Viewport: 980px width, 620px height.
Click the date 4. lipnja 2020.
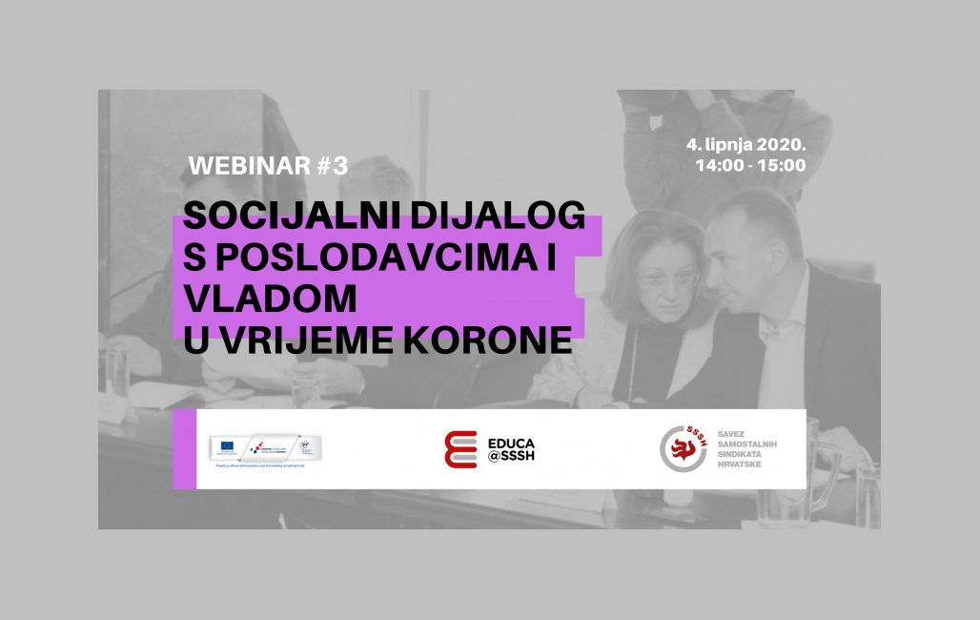pyautogui.click(x=746, y=144)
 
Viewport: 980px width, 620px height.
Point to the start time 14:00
pyautogui.click(x=719, y=165)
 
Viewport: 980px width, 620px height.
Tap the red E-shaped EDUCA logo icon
pyautogui.click(x=460, y=449)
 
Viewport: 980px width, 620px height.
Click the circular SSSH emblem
pyautogui.click(x=684, y=448)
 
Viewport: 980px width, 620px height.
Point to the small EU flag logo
pyautogui.click(x=228, y=444)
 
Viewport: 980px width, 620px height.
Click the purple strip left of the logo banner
pyautogui.click(x=184, y=449)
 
